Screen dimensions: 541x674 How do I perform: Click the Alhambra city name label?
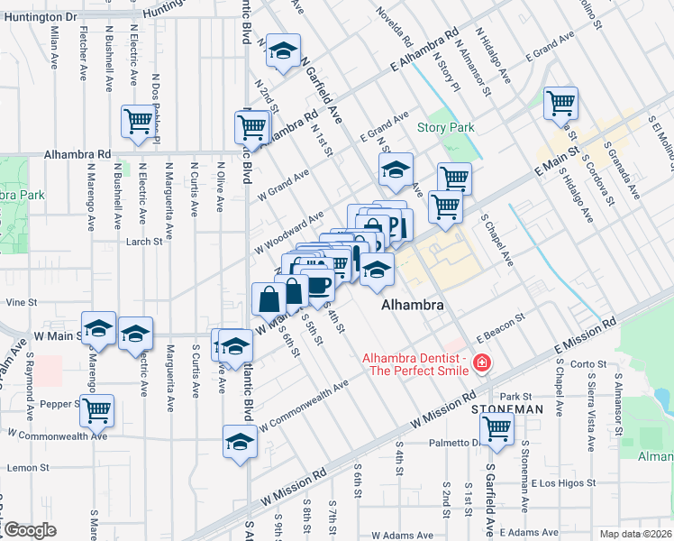point(413,306)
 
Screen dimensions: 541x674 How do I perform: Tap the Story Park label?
point(445,128)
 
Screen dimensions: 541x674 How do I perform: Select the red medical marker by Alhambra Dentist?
point(482,364)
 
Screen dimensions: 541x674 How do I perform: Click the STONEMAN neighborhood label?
point(506,408)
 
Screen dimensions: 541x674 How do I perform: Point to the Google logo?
point(29,530)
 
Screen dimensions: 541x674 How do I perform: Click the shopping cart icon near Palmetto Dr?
point(496,429)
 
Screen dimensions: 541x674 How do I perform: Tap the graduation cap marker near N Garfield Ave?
point(285,50)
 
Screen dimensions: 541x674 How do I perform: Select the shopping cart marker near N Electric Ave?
point(139,120)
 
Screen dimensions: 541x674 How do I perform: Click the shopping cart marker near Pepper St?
point(96,408)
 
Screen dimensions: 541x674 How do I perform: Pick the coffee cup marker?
point(318,286)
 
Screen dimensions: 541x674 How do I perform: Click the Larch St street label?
point(144,242)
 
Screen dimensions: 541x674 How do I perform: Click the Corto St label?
point(589,364)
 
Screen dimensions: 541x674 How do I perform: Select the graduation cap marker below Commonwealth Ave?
point(239,443)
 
